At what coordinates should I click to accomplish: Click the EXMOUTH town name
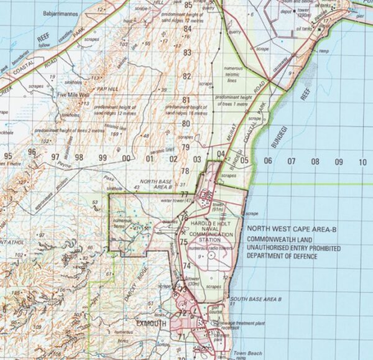[x=153, y=324]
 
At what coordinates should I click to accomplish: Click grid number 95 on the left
[x=7, y=155]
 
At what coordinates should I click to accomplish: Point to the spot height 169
[x=114, y=134]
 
